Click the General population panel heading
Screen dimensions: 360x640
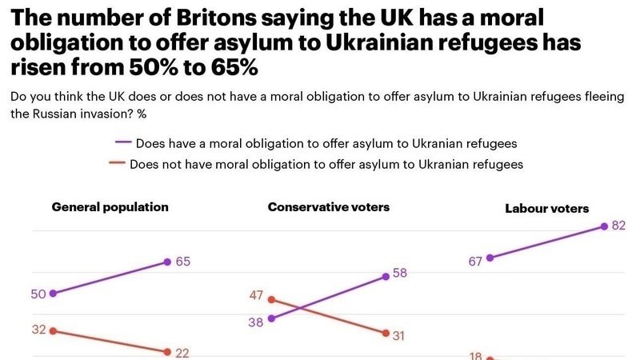coord(110,206)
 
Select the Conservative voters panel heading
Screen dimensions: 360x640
coord(329,207)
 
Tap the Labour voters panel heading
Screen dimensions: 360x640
coord(547,209)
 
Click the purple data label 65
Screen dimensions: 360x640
coord(182,261)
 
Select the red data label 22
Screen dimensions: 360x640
coord(182,352)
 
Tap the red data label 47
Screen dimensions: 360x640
coord(256,295)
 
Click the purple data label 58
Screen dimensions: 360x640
coord(401,273)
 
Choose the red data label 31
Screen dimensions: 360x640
coord(399,335)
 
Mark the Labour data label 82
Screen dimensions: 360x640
coord(618,226)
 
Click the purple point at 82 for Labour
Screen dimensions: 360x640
coord(604,227)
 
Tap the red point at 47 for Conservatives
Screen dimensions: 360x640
coord(271,299)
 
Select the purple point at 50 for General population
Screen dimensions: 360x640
coord(53,294)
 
